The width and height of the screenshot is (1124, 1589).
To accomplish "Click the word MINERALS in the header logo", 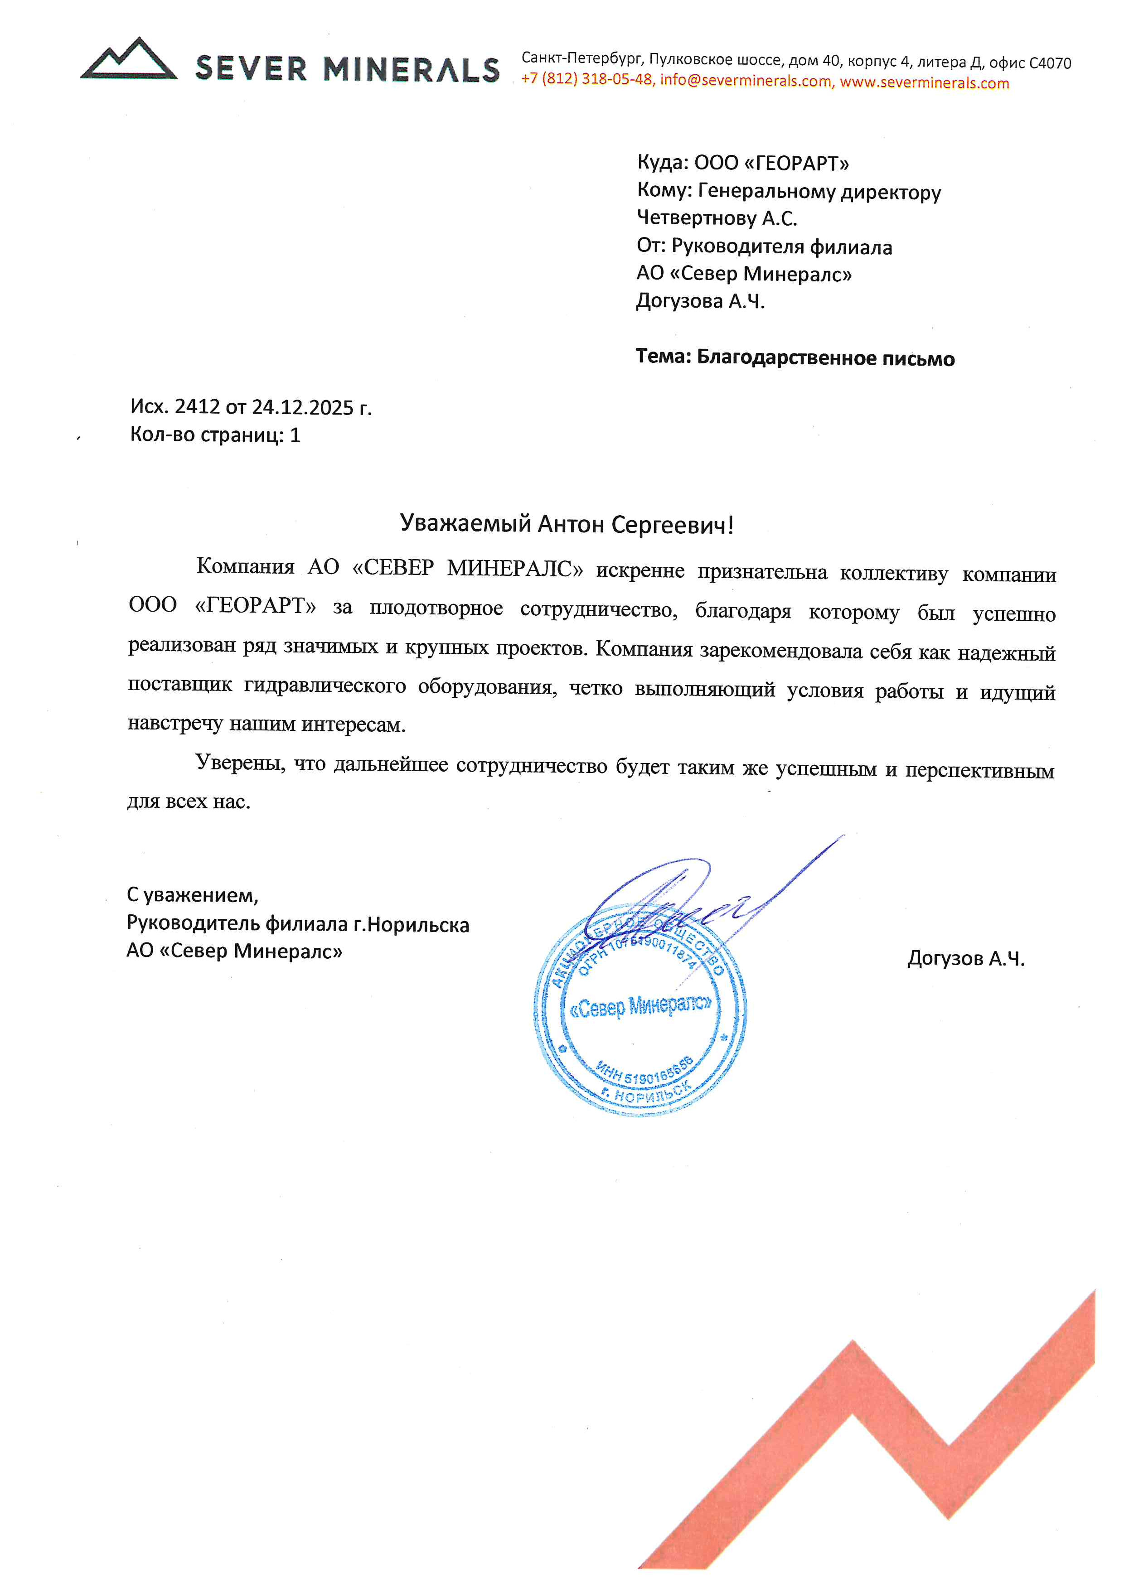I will pyautogui.click(x=411, y=70).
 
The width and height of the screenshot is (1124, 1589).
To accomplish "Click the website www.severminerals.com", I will pyautogui.click(x=924, y=83).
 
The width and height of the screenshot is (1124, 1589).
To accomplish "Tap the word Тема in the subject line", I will pyautogui.click(x=662, y=357).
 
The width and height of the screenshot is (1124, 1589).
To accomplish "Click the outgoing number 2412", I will pyautogui.click(x=197, y=406).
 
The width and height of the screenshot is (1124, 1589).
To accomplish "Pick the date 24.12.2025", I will pyautogui.click(x=302, y=408).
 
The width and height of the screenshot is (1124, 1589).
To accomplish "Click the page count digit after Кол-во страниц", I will pyautogui.click(x=295, y=435).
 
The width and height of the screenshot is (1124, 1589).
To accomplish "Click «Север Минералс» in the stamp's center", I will pyautogui.click(x=640, y=1006).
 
